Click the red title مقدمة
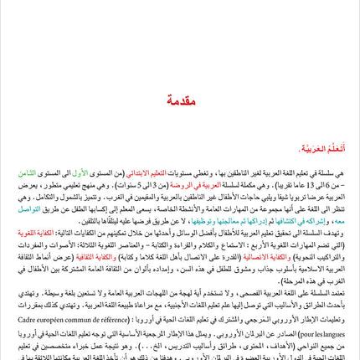click(180, 100)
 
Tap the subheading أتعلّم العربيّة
click(326, 148)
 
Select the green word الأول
click(73, 173)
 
